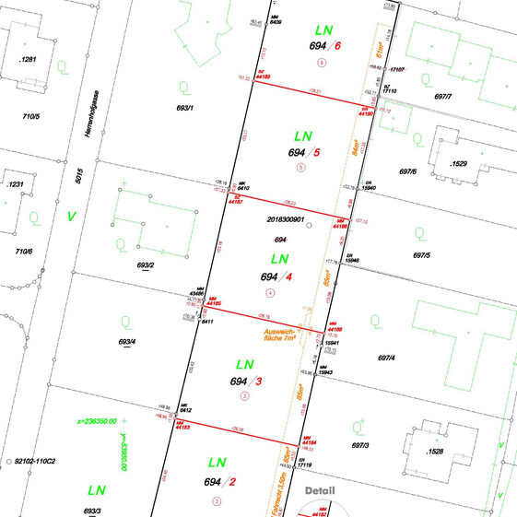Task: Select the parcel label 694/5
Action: [303, 152]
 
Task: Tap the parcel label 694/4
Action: [276, 276]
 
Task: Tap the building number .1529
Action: [458, 163]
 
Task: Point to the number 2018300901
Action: [285, 220]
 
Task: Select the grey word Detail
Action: [322, 490]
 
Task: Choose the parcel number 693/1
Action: [182, 108]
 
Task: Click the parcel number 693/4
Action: [127, 342]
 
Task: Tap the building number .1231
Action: [15, 184]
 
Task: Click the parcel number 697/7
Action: [443, 95]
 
